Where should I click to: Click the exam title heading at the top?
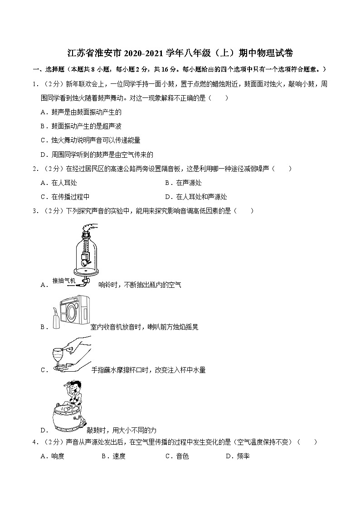pyautogui.click(x=180, y=53)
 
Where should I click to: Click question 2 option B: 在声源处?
pyautogui.click(x=185, y=183)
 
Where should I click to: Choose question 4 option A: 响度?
pyautogui.click(x=55, y=456)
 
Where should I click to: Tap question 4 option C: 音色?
pyautogui.click(x=180, y=456)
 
